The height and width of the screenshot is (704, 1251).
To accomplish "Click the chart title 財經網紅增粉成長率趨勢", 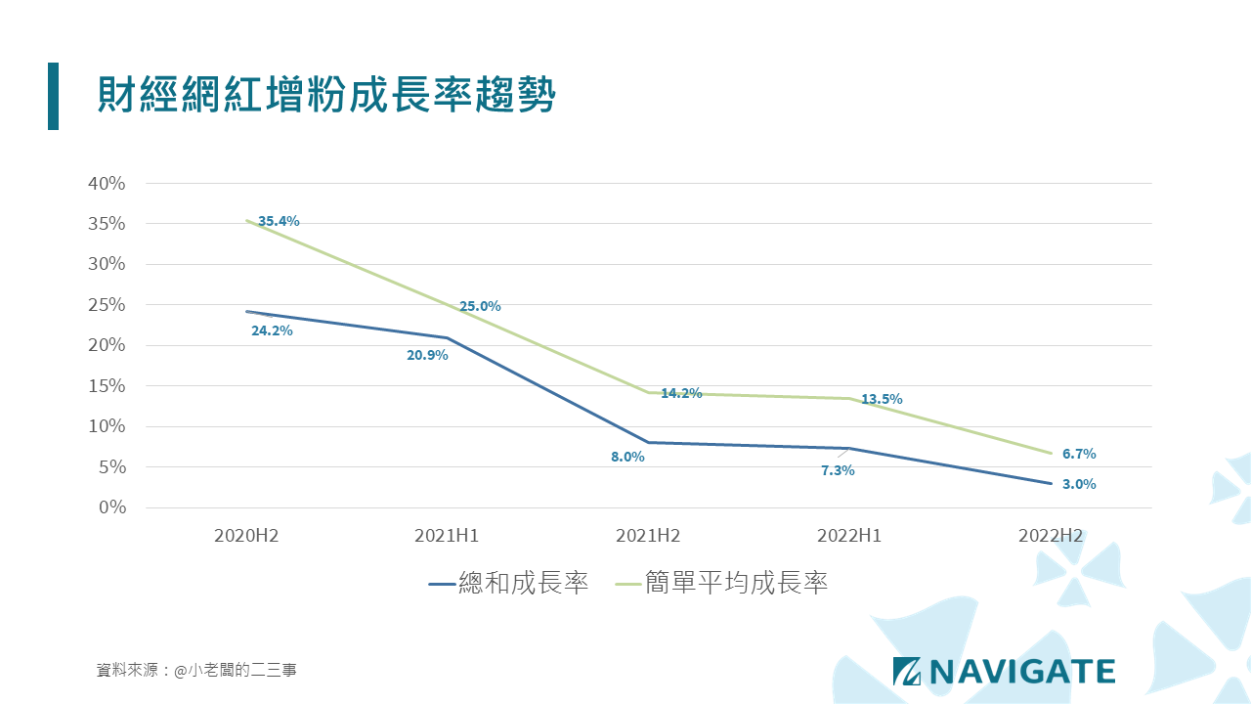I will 326,97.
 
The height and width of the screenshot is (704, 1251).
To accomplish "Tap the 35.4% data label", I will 279,221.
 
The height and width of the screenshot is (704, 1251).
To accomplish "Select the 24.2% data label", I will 272,330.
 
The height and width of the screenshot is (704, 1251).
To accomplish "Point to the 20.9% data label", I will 427,355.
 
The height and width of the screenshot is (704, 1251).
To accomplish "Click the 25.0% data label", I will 480,306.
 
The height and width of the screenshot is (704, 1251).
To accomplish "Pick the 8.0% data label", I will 627,457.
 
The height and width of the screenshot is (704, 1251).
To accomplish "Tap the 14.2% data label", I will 681,393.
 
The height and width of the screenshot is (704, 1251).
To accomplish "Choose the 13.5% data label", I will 882,399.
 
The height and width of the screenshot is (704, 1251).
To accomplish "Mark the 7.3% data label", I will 838,470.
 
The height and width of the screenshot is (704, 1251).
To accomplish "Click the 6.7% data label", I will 1079,454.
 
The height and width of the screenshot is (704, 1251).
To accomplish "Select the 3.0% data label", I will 1079,484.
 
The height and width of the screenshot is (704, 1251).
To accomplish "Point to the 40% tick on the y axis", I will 107,183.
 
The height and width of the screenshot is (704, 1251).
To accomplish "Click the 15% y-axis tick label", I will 107,385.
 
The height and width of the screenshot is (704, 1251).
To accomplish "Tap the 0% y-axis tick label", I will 111,507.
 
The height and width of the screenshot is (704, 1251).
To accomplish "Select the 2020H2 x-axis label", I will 246,536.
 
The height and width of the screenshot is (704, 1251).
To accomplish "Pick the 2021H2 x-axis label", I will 648,536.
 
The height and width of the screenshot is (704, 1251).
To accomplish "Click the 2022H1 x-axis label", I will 849,536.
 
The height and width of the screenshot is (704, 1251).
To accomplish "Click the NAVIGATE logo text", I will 1020,671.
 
